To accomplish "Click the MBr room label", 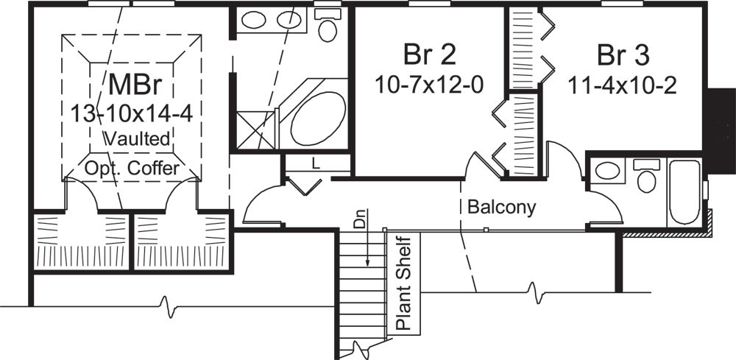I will click(132, 85).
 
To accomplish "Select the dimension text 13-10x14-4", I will click(132, 113).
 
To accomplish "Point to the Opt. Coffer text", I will click(132, 169).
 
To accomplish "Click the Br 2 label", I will click(429, 54).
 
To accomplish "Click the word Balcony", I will click(501, 207).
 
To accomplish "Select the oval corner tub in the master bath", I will click(318, 119).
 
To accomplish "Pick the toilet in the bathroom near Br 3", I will click(646, 177).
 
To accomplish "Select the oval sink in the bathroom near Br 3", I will click(607, 172).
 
